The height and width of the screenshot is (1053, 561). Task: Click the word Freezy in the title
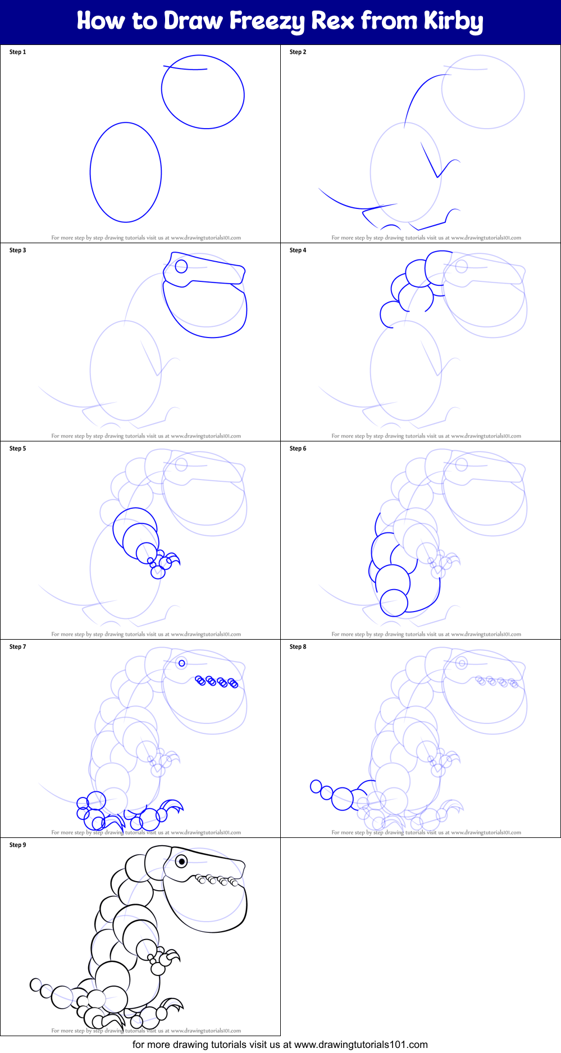click(267, 21)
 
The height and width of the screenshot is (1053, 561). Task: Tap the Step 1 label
click(17, 52)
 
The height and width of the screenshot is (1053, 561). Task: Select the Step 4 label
click(298, 250)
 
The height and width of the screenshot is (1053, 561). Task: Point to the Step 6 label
click(298, 449)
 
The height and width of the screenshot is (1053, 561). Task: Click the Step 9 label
click(17, 845)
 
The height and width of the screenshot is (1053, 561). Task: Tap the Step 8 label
click(298, 647)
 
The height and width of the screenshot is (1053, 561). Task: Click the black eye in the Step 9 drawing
click(181, 861)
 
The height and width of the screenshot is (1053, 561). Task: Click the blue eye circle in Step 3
click(181, 266)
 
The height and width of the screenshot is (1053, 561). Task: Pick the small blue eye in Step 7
click(181, 663)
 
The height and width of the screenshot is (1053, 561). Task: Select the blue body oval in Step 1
click(126, 172)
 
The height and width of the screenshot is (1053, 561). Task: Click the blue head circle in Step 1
click(203, 92)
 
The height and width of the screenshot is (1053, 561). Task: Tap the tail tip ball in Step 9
click(36, 984)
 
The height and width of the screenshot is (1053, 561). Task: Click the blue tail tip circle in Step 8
click(316, 786)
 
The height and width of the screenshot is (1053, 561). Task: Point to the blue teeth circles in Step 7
click(217, 682)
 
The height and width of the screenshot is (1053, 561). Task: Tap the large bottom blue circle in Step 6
click(394, 603)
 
